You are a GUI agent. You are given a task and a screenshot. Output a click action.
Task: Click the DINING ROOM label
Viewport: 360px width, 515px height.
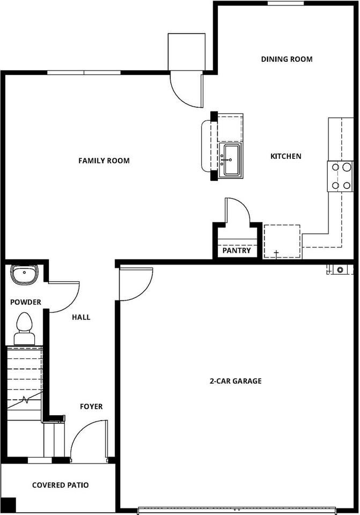(286, 59)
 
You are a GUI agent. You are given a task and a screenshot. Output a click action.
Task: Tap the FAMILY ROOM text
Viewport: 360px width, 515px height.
(104, 160)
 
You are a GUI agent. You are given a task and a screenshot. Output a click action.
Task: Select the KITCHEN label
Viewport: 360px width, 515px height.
(285, 156)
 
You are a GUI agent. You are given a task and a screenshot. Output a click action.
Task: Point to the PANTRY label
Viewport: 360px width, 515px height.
(237, 251)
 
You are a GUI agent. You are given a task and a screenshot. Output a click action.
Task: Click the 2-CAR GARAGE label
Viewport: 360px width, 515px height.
(235, 381)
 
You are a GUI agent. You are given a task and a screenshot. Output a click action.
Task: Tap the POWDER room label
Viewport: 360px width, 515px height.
(26, 302)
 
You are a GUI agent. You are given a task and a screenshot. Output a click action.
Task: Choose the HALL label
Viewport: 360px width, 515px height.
(81, 317)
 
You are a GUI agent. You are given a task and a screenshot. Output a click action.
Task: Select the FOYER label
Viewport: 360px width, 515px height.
(91, 407)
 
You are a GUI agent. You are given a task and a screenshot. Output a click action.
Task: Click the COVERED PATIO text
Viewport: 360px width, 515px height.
(60, 485)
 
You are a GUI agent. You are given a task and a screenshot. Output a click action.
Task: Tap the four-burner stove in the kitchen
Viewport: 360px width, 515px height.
(340, 176)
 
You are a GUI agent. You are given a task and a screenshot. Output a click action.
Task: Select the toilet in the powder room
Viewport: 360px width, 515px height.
(24, 328)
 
